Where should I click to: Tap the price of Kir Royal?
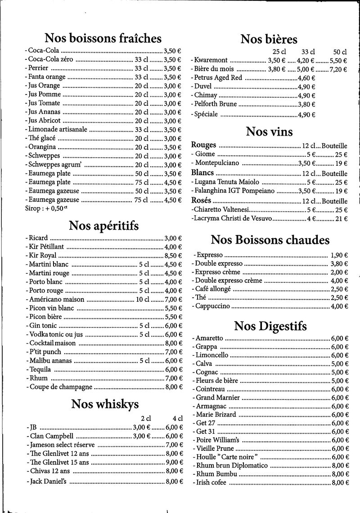click(x=173, y=255)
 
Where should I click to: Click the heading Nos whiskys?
click(x=105, y=404)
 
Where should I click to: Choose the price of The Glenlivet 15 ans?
click(x=174, y=462)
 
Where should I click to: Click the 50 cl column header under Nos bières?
click(x=340, y=52)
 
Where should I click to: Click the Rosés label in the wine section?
click(x=201, y=201)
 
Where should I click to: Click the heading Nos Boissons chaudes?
click(x=270, y=240)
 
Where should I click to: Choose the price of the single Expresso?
click(x=339, y=254)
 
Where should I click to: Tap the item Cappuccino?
click(x=213, y=306)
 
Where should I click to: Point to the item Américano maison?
click(x=57, y=299)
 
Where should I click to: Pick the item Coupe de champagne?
click(x=61, y=386)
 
